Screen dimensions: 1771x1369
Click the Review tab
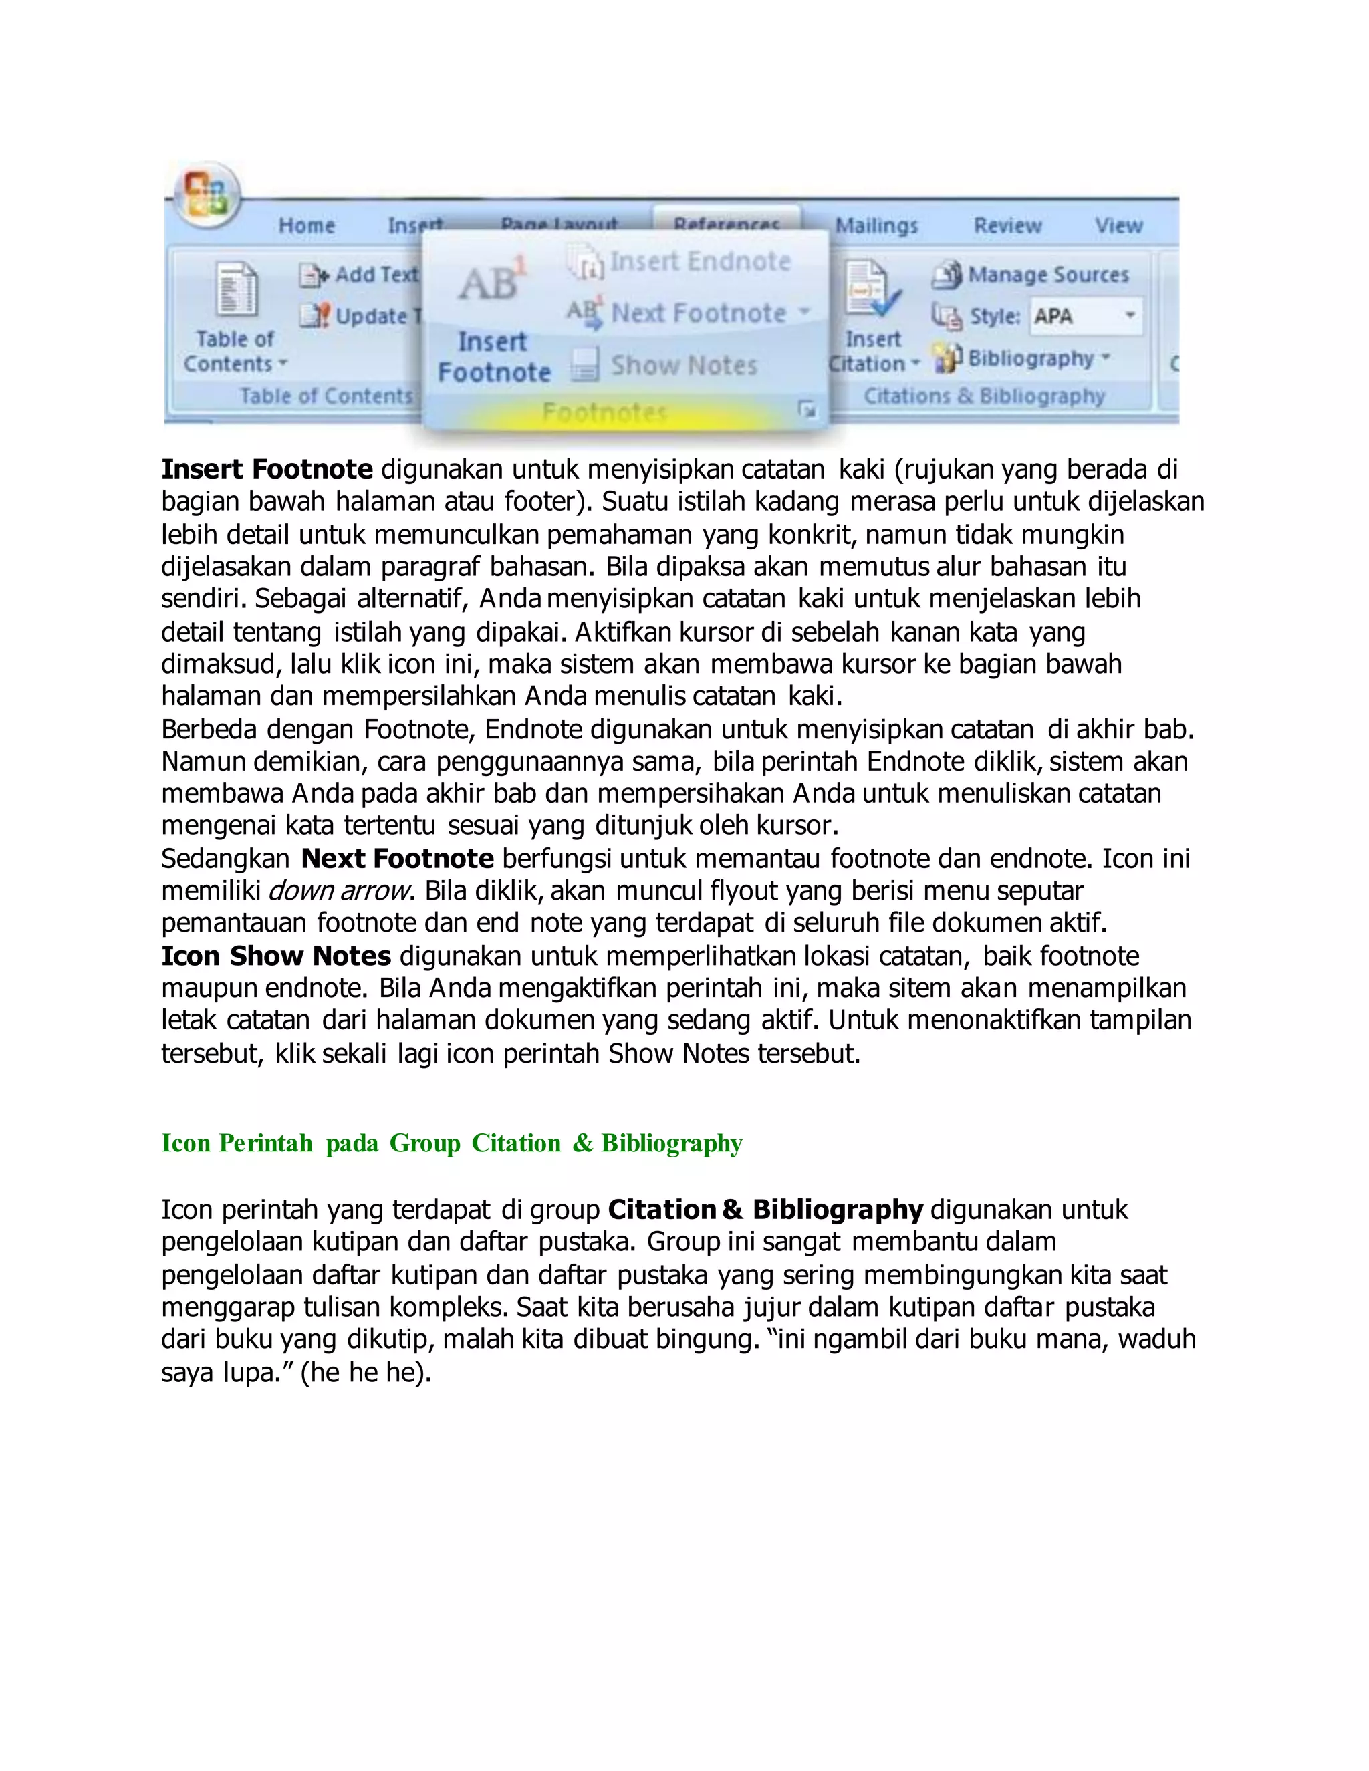(1007, 225)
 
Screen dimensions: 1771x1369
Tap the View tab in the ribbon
(1118, 225)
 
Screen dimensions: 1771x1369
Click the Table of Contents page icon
(236, 289)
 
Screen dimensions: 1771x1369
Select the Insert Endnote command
(680, 262)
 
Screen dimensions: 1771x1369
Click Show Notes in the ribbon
(665, 365)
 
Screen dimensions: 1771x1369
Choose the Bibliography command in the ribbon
(1023, 358)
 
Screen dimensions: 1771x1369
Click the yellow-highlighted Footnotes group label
(605, 413)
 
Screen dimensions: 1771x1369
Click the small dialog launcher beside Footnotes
(807, 410)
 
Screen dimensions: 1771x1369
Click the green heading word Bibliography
(672, 1143)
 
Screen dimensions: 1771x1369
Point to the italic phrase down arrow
(338, 890)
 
